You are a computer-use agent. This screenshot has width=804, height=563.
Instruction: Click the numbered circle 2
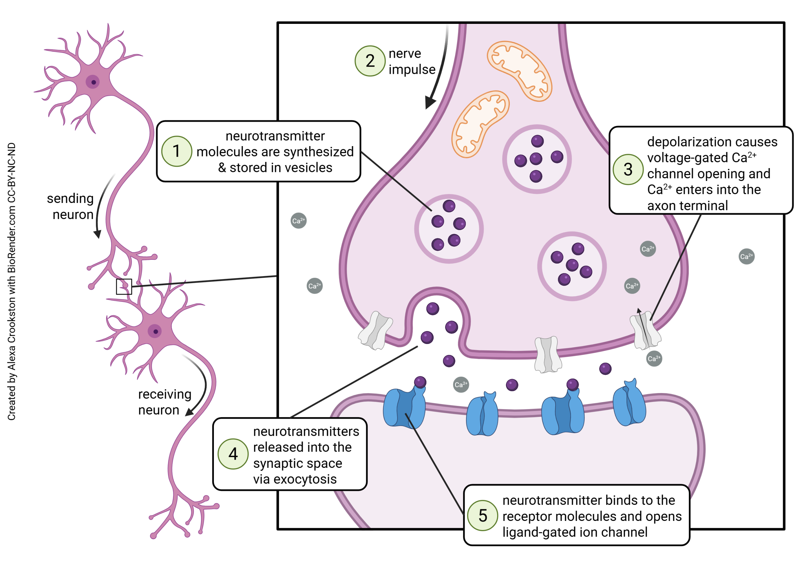370,61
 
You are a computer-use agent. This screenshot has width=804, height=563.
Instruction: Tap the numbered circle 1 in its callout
177,151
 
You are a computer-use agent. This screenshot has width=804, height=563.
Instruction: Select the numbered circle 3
628,170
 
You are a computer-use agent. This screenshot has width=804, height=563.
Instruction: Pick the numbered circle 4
233,454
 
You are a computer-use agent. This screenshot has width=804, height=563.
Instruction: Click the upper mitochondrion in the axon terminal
519,71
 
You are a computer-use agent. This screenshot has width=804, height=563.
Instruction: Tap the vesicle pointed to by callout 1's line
448,228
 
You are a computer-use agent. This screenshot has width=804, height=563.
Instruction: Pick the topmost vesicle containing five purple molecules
537,159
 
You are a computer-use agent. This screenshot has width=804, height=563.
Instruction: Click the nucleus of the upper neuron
93,82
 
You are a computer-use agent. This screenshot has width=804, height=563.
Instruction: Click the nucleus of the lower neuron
155,331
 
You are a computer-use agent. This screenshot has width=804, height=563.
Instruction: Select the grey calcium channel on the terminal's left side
375,331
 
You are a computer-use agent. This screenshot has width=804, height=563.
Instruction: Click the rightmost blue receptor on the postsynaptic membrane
630,403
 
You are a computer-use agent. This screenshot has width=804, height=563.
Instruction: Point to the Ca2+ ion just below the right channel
654,358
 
